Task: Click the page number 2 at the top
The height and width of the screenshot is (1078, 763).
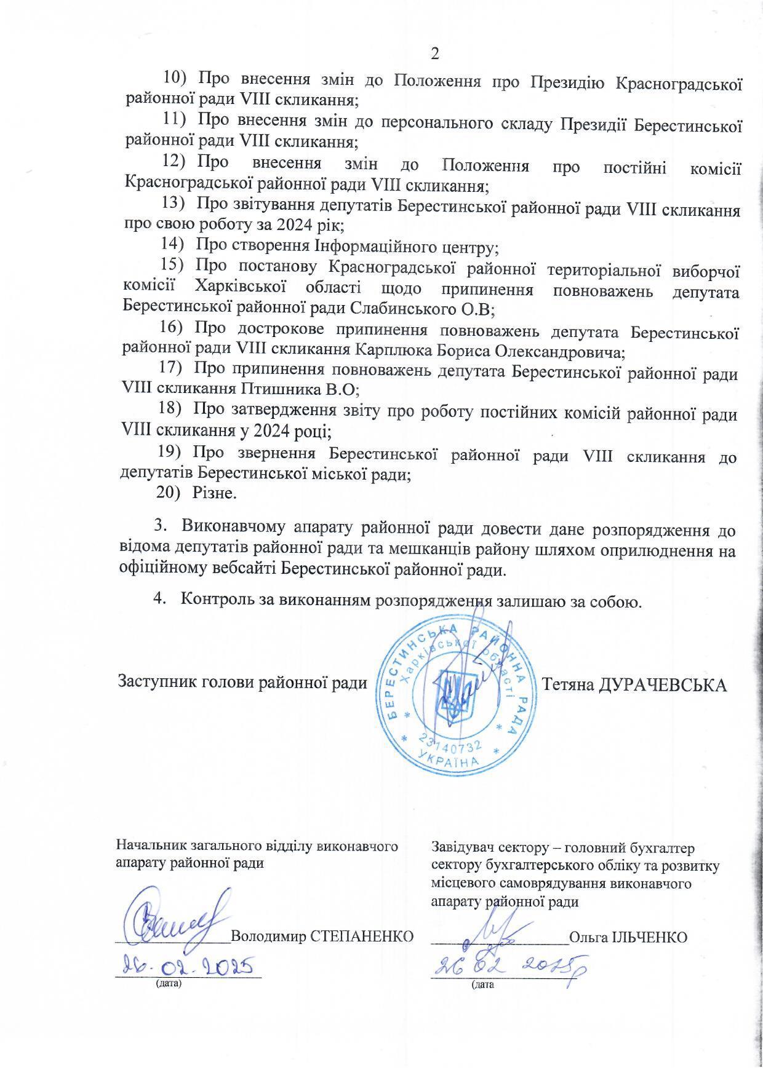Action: click(x=435, y=54)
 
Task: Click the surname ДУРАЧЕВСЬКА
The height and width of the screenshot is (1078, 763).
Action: click(x=663, y=684)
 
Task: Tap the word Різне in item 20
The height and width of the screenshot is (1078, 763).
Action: click(x=214, y=493)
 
